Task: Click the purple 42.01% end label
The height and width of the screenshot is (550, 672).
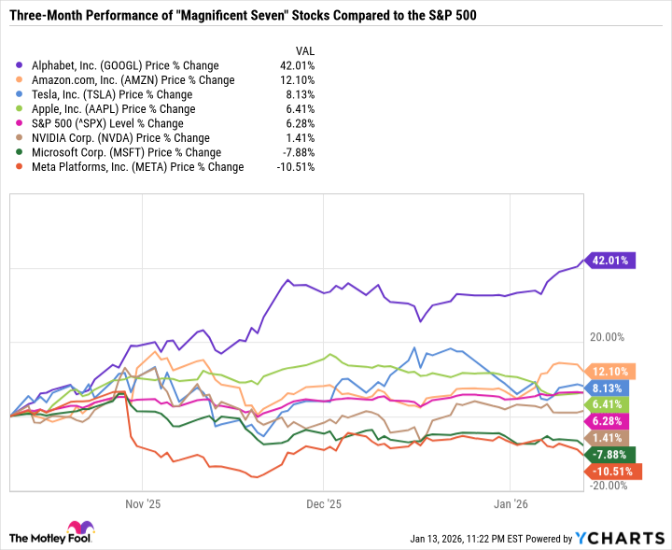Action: (612, 261)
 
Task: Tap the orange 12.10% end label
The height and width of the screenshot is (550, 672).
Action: (612, 370)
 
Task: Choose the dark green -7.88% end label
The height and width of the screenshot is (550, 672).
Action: (612, 455)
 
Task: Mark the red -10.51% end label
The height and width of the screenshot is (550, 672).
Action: (615, 472)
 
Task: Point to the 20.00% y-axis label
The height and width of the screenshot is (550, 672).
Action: (607, 337)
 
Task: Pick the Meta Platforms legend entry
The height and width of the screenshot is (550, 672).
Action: (135, 167)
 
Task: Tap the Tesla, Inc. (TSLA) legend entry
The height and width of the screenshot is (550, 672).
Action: (110, 94)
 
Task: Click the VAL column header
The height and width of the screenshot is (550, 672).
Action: (304, 50)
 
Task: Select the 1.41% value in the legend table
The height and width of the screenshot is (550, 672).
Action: (300, 138)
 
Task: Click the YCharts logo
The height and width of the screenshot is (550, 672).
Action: (620, 537)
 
